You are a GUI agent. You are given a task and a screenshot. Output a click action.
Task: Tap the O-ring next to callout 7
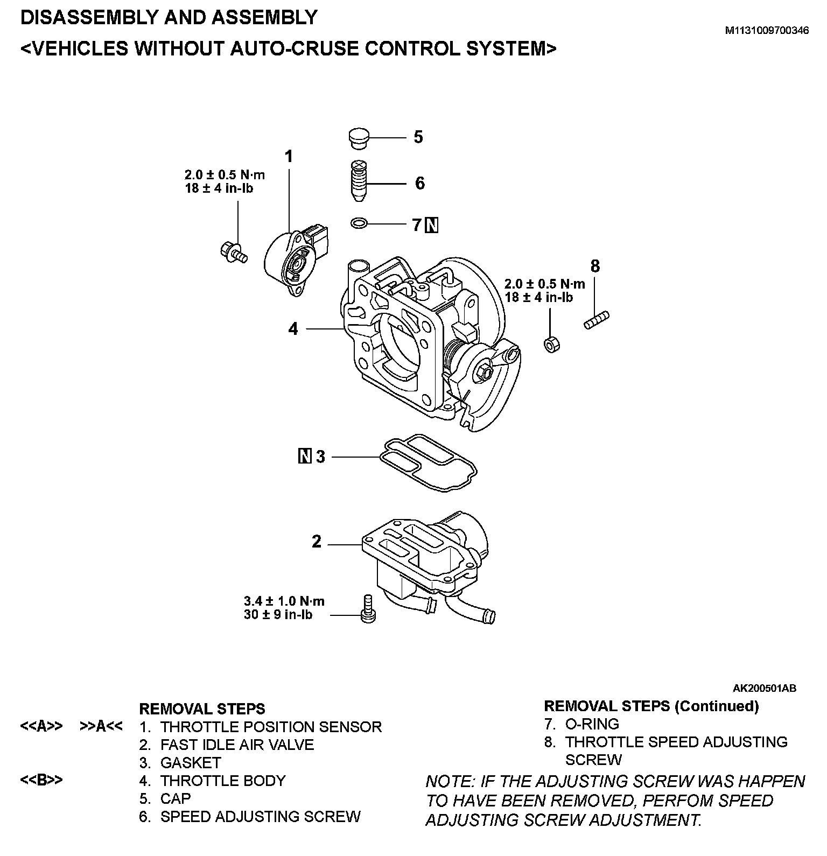pos(359,222)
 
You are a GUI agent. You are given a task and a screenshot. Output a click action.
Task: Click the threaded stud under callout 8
pos(597,319)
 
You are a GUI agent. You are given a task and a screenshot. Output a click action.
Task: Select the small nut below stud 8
pos(551,344)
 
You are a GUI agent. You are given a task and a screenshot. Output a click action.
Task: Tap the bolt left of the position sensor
pos(233,251)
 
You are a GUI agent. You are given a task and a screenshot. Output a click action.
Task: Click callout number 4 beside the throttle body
pos(293,328)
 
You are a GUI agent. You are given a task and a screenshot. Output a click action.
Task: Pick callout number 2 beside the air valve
pos(317,542)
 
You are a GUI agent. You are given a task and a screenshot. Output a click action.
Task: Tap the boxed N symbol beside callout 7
pos(432,224)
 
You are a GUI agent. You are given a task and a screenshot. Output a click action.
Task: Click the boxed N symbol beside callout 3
pos(305,457)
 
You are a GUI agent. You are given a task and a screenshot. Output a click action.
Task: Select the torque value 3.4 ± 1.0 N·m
pos(284,601)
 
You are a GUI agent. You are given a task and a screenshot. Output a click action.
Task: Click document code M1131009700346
pos(767,31)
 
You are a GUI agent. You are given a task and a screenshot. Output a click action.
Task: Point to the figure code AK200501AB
pos(764,688)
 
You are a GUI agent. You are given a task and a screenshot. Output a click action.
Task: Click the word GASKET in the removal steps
pos(191,763)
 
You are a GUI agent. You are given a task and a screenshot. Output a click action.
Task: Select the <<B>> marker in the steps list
pos(41,780)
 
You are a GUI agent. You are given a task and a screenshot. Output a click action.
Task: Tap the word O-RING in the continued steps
pos(592,724)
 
